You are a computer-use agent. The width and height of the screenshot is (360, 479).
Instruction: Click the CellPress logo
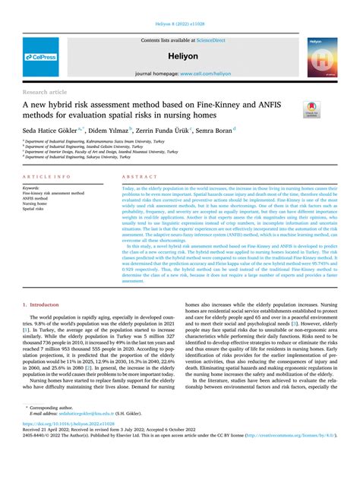(x=40, y=57)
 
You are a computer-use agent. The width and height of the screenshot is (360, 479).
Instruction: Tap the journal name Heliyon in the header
(x=179, y=56)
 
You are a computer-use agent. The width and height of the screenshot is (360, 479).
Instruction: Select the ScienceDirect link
(x=212, y=39)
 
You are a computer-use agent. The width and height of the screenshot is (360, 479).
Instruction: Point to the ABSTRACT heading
(x=134, y=175)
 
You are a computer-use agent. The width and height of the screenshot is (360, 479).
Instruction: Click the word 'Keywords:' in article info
(x=31, y=188)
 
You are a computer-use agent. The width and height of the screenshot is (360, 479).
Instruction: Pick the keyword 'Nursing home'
(x=34, y=203)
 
